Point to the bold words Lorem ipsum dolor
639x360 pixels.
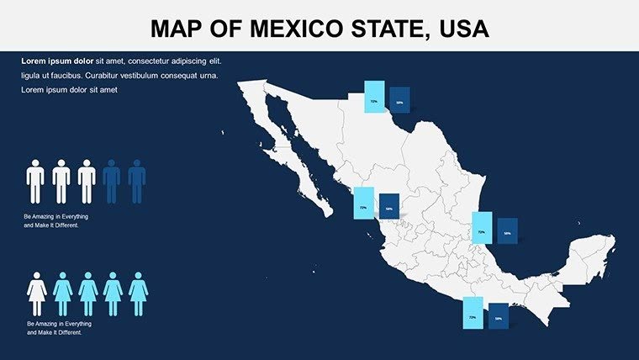[56, 61]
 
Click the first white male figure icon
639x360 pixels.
[35, 181]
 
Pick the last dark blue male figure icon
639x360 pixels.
[137, 181]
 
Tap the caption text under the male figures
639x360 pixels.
[56, 221]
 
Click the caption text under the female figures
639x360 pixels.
[59, 328]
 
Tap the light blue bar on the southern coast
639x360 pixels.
[473, 312]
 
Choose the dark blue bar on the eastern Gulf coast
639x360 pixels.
[507, 230]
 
